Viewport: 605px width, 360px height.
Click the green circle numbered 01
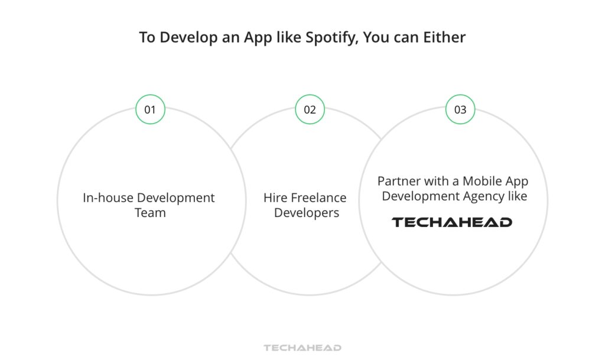click(x=150, y=109)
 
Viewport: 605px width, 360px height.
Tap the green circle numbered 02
click(x=310, y=109)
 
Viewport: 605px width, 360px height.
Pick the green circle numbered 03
click(x=460, y=109)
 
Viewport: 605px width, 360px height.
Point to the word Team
click(x=150, y=212)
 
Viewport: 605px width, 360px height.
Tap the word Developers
click(x=307, y=212)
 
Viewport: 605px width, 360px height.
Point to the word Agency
click(x=483, y=196)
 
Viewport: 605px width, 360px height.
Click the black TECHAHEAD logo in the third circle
click(x=452, y=222)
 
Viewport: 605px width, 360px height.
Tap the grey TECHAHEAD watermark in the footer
click(x=302, y=348)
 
